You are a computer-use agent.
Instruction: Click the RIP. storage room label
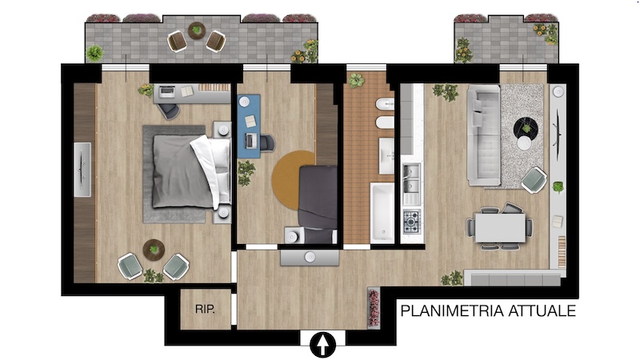click(205, 309)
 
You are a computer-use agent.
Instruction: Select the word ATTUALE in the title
click(542, 311)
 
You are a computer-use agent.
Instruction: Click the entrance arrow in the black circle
click(323, 345)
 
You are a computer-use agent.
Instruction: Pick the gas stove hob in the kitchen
click(411, 222)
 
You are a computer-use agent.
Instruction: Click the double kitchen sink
click(411, 178)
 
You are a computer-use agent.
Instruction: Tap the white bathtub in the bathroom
click(382, 213)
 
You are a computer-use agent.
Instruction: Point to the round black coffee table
click(526, 129)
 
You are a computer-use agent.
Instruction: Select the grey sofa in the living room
click(484, 135)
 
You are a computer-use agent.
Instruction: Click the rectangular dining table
click(500, 228)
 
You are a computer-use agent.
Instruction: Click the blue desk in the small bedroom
click(249, 126)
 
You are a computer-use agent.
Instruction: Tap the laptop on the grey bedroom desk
click(166, 92)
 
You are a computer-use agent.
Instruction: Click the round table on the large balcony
click(197, 30)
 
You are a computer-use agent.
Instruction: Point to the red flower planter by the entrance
click(374, 308)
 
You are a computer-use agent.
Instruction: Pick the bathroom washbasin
click(386, 155)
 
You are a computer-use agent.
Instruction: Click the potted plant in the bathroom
click(356, 81)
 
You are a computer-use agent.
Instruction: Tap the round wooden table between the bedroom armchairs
click(154, 250)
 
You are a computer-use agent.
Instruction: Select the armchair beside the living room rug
click(534, 180)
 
